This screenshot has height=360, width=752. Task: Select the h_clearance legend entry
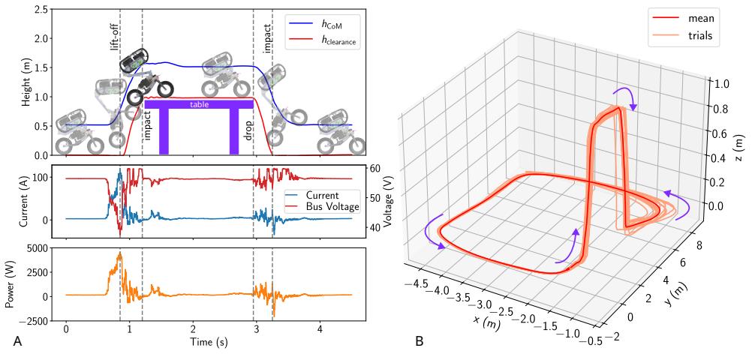[323, 41]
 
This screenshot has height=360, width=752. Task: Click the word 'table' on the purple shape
[198, 104]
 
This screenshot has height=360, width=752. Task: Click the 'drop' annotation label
[248, 130]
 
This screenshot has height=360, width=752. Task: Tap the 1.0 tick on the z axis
[720, 83]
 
